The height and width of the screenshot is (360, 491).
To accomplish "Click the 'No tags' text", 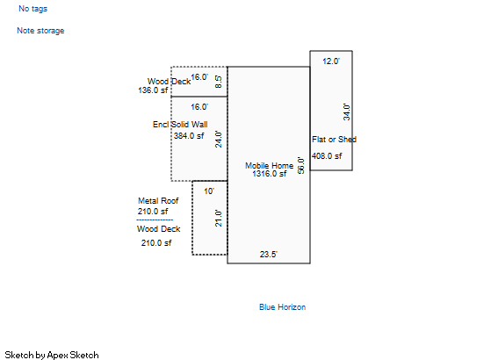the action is tap(32, 9).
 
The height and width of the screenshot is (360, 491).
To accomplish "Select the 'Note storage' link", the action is tap(40, 31).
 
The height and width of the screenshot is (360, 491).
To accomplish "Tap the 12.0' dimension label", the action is tap(331, 61).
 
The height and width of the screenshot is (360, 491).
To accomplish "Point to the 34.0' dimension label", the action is tap(346, 112).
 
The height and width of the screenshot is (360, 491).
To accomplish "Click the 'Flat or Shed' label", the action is tap(334, 140).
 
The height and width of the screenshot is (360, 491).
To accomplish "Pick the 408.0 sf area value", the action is tap(327, 156).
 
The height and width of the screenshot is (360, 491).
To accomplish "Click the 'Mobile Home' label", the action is tap(270, 165).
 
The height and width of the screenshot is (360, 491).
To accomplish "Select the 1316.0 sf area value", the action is tap(270, 174).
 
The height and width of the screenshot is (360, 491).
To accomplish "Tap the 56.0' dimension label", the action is tap(300, 166).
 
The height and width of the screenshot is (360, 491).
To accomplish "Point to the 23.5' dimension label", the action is tap(269, 254).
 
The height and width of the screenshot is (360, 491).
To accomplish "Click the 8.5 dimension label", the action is tap(219, 82).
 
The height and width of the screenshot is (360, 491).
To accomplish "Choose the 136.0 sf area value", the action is tap(153, 90).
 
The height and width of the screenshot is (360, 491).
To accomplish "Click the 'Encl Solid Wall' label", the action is tap(180, 125).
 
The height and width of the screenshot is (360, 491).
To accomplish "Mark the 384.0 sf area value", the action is tap(189, 136).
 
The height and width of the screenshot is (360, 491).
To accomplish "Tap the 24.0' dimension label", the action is tap(219, 140).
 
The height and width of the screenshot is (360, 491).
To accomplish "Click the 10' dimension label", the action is tap(209, 191).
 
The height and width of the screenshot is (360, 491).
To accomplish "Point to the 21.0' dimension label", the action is tap(219, 218).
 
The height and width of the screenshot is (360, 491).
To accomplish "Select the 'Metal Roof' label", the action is tap(158, 201).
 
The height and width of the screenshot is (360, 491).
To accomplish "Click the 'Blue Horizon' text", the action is tap(283, 307).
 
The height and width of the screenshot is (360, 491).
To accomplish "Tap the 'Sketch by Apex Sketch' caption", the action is tap(52, 355).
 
